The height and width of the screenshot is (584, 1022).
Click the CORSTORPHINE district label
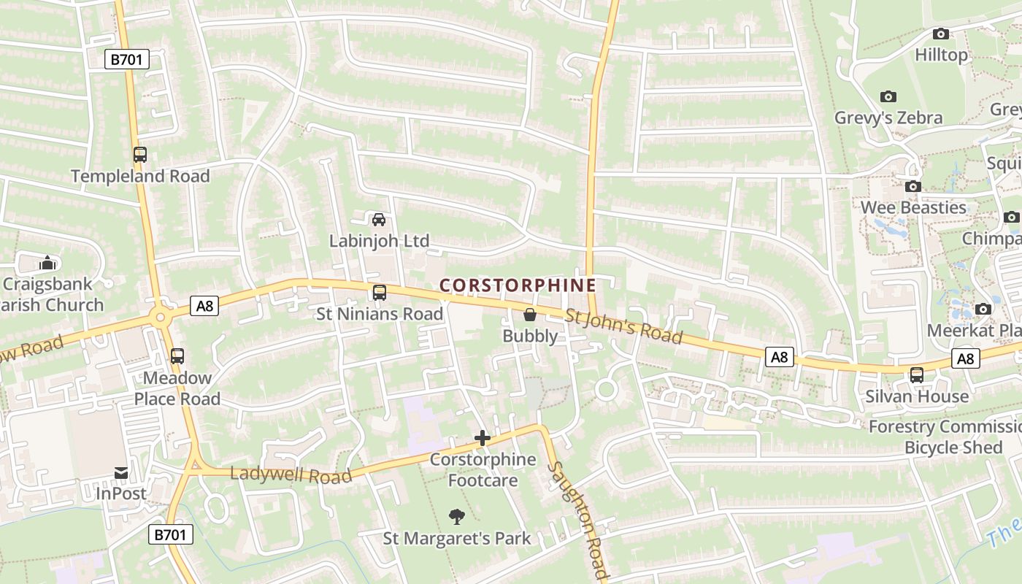point(518,285)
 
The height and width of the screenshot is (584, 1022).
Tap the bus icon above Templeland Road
point(140,155)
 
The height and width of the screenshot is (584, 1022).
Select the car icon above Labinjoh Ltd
point(379,219)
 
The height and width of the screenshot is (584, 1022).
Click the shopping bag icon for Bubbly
point(530,315)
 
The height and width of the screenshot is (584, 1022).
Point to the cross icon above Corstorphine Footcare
point(483,438)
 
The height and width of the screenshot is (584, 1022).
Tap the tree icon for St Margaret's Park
point(457,517)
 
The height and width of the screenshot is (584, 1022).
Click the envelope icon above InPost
point(121,473)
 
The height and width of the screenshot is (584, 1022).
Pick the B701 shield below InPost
point(171,534)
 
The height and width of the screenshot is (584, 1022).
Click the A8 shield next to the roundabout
point(204,306)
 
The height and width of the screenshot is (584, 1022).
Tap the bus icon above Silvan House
point(917,375)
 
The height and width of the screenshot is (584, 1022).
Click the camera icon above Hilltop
point(941,34)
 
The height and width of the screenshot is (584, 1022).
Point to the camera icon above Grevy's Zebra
point(888,96)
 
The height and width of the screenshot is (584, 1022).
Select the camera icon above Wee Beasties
point(912,186)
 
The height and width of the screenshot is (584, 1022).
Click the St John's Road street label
point(624,327)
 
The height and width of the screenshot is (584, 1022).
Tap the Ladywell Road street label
point(291,475)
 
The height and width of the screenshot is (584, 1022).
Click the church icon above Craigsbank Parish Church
point(47,262)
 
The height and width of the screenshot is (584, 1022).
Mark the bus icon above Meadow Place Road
point(177,356)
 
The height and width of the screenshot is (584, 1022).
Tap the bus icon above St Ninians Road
point(380,293)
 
